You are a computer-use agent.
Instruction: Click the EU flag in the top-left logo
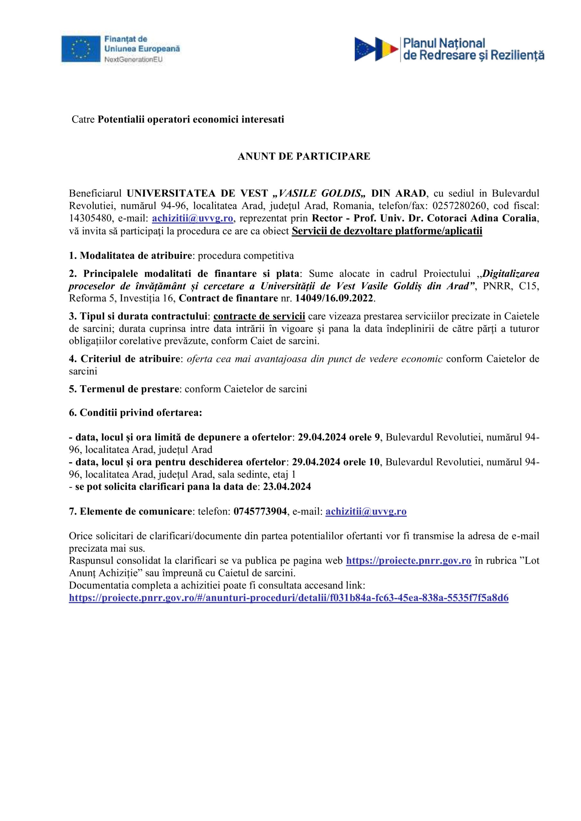point(81,49)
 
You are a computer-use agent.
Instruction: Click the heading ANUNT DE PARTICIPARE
point(304,157)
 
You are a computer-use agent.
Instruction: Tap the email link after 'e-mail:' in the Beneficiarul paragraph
point(192,218)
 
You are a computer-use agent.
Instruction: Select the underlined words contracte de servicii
point(259,317)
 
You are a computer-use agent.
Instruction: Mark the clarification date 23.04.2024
point(287,487)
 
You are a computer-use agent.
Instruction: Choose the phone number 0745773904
point(260,512)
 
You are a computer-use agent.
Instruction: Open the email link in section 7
point(366,512)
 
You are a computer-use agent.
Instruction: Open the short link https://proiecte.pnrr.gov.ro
point(408,561)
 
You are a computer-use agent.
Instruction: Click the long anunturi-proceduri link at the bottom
point(288,598)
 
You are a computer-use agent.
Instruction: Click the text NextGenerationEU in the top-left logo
point(133,60)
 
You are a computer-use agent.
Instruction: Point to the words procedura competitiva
point(246,256)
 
